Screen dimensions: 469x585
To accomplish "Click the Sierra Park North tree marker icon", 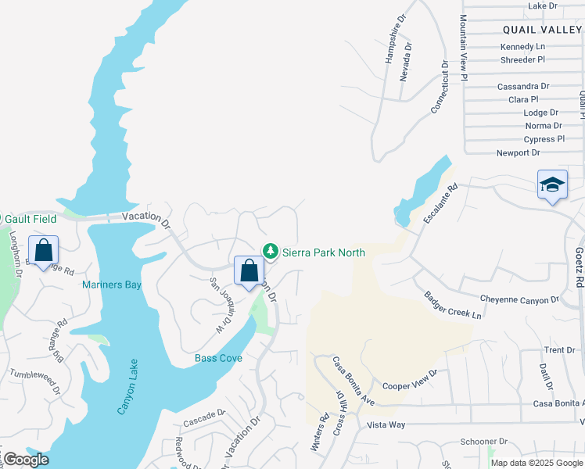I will (x=271, y=251).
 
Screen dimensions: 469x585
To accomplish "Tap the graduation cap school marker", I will (x=552, y=185).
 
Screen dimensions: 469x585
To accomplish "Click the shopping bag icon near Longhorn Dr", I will (x=44, y=251).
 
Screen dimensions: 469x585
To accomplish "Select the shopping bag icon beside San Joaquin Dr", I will (x=249, y=271).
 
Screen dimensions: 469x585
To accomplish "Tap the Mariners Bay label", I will (x=112, y=285).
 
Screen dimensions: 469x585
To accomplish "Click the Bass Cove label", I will (x=218, y=358).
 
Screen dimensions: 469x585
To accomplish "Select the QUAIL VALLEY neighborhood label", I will (x=543, y=29).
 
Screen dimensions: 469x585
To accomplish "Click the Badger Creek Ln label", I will (x=453, y=305).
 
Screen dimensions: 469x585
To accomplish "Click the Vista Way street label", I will (x=386, y=424).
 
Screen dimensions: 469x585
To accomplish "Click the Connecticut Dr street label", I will (x=440, y=88).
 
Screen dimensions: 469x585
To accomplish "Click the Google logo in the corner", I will (x=25, y=460).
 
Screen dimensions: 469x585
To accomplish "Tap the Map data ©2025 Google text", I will (x=537, y=463).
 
